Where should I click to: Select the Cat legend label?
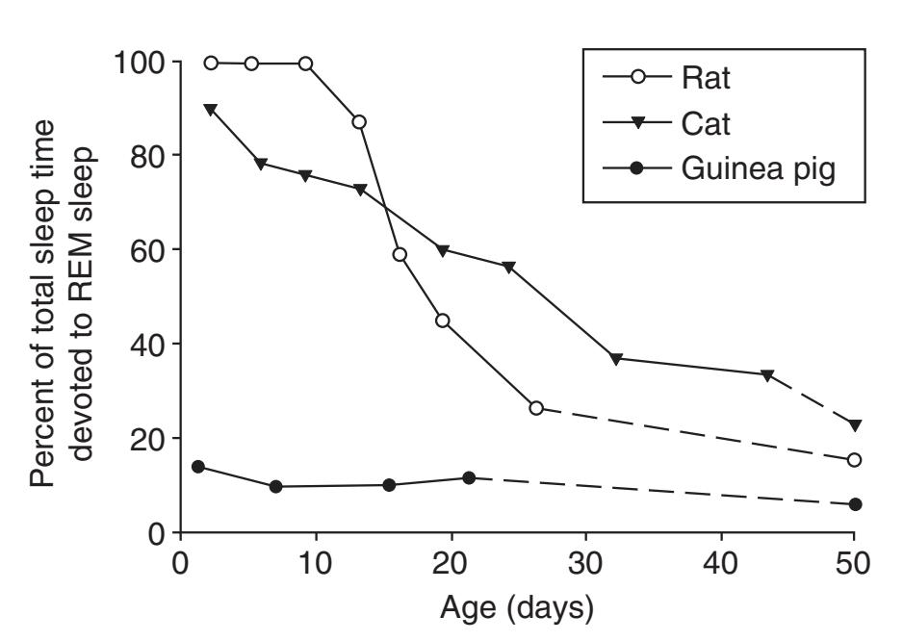[x=705, y=122]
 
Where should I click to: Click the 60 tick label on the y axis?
[x=146, y=250]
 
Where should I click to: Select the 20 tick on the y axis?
[x=146, y=439]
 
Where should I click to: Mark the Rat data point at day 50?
[x=854, y=460]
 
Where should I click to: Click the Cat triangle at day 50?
[x=854, y=424]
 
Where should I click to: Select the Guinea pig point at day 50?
[x=854, y=504]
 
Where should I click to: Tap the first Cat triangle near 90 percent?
[x=210, y=109]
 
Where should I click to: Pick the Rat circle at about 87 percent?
[x=359, y=122]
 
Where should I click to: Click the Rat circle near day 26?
[x=536, y=408]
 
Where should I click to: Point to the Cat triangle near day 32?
[x=616, y=358]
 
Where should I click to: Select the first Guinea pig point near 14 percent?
[x=198, y=467]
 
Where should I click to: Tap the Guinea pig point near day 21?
[x=469, y=477]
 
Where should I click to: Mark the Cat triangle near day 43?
[x=767, y=374]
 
